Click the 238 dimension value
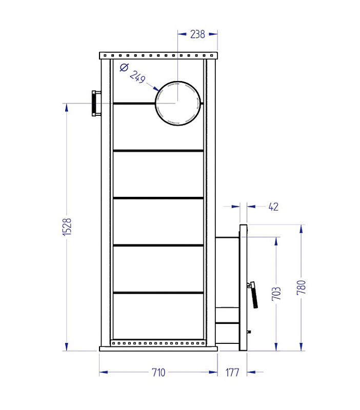[197, 34]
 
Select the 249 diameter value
[137, 77]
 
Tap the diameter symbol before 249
[124, 68]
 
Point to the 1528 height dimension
[67, 227]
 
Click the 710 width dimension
[158, 373]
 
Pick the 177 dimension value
[232, 373]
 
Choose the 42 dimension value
[273, 207]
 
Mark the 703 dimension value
[276, 294]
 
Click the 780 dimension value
[302, 288]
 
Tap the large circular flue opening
[178, 81]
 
